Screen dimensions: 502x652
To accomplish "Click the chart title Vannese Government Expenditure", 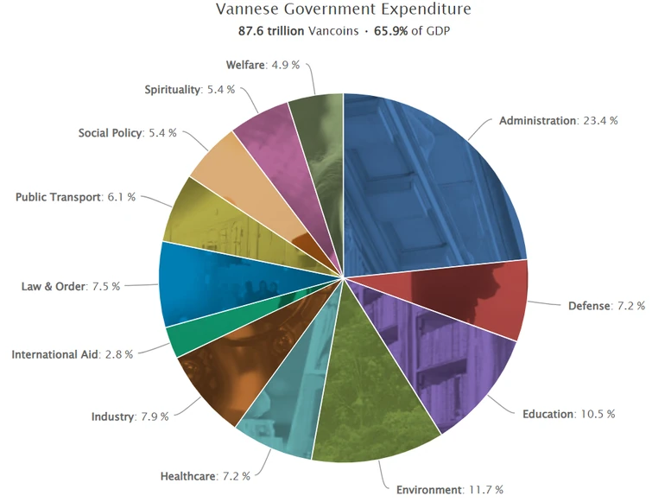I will point(345,10).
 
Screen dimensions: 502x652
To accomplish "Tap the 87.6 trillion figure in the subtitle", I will point(270,31).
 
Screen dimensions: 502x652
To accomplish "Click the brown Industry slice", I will point(225,372).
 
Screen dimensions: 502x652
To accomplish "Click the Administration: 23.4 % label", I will point(558,121).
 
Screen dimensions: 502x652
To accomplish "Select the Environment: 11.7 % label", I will point(449,490).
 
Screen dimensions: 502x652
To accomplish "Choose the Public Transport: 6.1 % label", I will point(76,197).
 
